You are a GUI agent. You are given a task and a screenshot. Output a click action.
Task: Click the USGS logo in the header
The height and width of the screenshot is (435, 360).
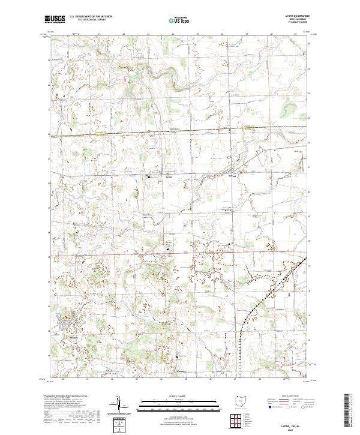click(55, 20)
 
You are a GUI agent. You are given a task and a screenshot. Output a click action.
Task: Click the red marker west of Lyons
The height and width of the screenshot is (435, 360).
click(148, 175)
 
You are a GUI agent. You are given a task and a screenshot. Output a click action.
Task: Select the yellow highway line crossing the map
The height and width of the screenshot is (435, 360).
click(180, 131)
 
